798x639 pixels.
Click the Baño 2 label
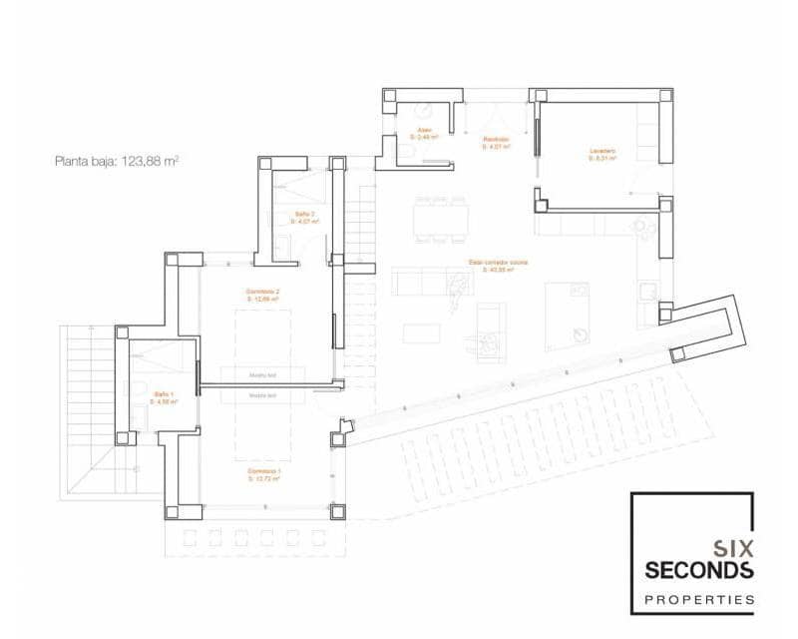pyautogui.click(x=305, y=217)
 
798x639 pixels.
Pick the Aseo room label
pyautogui.click(x=424, y=134)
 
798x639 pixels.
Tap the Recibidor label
pyautogui.click(x=496, y=143)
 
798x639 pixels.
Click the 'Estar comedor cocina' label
pyautogui.click(x=498, y=266)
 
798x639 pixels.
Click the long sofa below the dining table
pyautogui.click(x=429, y=283)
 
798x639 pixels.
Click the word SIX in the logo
pyautogui.click(x=734, y=548)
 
